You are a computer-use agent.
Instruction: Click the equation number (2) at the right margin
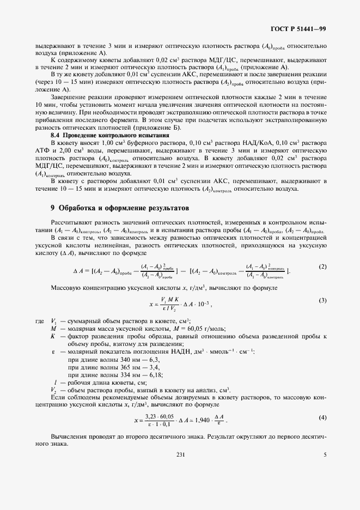click(321, 266)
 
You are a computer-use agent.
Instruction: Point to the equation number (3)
click(321, 300)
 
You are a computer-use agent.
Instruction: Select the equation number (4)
click(321, 417)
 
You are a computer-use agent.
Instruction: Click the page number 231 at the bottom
click(180, 469)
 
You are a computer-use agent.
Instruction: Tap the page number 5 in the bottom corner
click(325, 469)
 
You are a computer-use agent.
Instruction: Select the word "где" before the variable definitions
click(39, 321)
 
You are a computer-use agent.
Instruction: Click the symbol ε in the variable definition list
click(52, 352)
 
